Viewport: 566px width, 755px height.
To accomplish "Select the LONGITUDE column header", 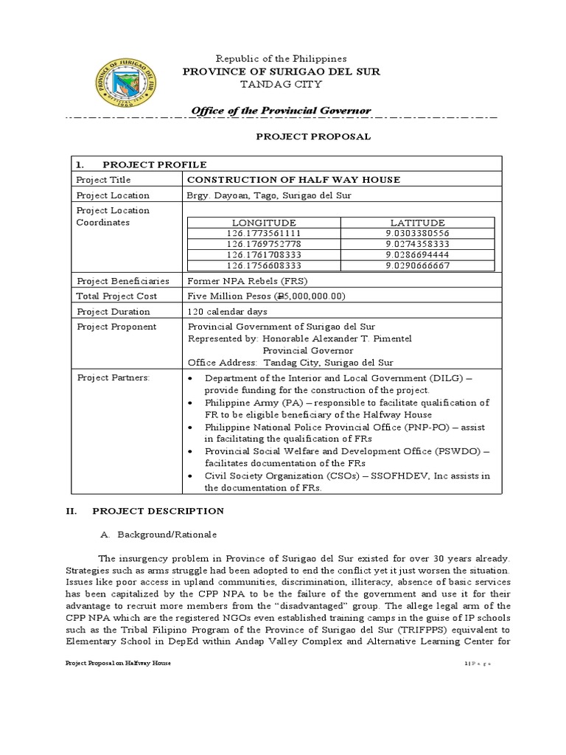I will (264, 223).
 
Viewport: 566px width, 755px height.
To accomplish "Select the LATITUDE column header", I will (417, 223).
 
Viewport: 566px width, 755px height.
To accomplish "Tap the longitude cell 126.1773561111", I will (264, 233).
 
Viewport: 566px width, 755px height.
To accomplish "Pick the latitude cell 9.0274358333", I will (417, 243).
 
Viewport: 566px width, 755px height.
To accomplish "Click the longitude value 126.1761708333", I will (264, 254).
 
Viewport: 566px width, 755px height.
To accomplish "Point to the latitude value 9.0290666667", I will (417, 265).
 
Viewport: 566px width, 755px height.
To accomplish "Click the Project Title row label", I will (103, 179).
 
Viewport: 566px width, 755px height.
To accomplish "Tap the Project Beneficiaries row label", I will (122, 281).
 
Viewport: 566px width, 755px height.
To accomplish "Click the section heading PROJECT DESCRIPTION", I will (158, 510).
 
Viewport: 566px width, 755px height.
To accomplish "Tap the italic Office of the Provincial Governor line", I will (281, 111).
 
